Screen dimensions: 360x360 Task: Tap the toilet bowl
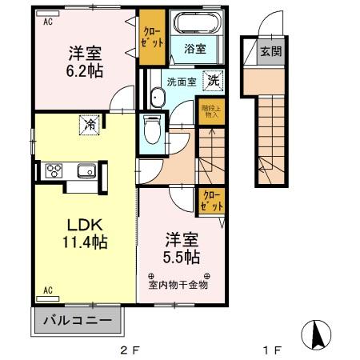(x=151, y=128)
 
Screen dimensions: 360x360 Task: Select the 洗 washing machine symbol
(x=213, y=80)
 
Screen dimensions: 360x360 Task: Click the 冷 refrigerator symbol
(x=90, y=124)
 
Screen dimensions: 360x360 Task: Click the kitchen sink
(x=86, y=170)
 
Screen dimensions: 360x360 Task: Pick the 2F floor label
(x=130, y=350)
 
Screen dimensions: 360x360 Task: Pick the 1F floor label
(x=272, y=350)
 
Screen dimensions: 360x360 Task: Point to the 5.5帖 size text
(x=182, y=258)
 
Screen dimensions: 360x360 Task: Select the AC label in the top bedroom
(x=47, y=22)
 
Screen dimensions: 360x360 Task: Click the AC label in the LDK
(x=47, y=290)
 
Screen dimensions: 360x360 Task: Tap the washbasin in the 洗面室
(x=156, y=98)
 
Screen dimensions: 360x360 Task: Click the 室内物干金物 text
(x=178, y=283)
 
